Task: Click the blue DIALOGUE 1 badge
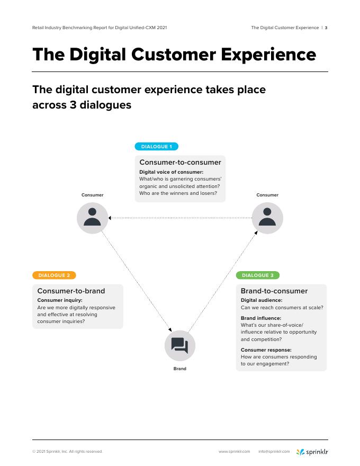coord(156,147)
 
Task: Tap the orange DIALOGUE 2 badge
coord(54,275)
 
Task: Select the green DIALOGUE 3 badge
coord(257,275)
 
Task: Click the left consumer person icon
coord(93,218)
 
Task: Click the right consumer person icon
coord(267,218)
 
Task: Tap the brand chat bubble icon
coord(180,346)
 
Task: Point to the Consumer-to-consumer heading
coord(180,163)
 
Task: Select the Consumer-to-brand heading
coord(71,291)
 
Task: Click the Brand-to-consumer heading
coord(274,291)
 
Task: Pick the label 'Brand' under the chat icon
coord(180,369)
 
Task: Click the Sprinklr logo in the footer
coord(312,452)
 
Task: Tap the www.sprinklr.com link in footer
coord(234,452)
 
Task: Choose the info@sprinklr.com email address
coord(274,452)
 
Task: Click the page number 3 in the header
coord(326,28)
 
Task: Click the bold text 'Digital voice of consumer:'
coord(171,172)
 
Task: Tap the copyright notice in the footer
coord(67,452)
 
